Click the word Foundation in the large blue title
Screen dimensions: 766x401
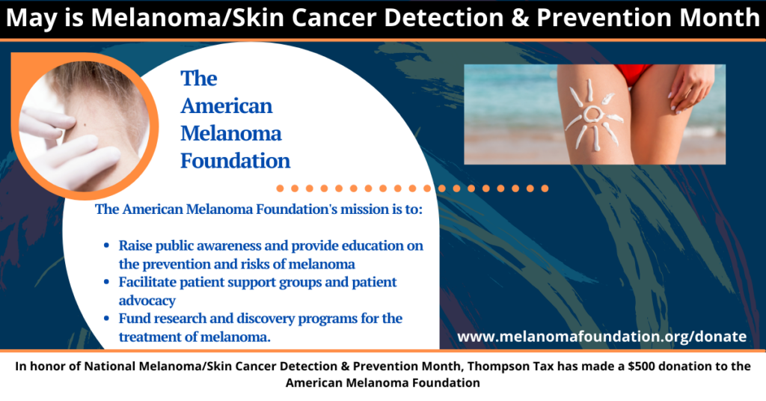click(236, 161)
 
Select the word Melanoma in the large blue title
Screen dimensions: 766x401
click(231, 133)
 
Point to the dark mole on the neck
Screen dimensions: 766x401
click(86, 125)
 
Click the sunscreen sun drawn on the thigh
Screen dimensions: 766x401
click(593, 115)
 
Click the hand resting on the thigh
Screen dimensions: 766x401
click(690, 88)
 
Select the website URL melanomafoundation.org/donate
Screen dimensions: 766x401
click(602, 337)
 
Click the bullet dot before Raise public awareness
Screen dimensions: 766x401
click(106, 245)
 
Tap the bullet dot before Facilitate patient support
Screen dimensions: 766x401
click(106, 282)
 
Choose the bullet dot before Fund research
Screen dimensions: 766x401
click(106, 319)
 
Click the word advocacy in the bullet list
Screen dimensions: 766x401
click(147, 301)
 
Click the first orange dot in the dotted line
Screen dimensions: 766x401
click(280, 189)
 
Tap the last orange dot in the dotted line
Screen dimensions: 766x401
click(545, 189)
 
